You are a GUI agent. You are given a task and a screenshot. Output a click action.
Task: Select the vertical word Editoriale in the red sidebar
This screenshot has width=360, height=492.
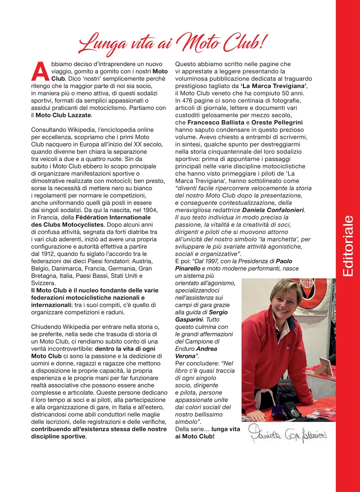point(347,246)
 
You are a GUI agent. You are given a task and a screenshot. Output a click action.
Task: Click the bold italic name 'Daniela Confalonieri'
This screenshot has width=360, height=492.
point(273,210)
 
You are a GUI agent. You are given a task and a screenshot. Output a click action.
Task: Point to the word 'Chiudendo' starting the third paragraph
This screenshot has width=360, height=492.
point(45,327)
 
